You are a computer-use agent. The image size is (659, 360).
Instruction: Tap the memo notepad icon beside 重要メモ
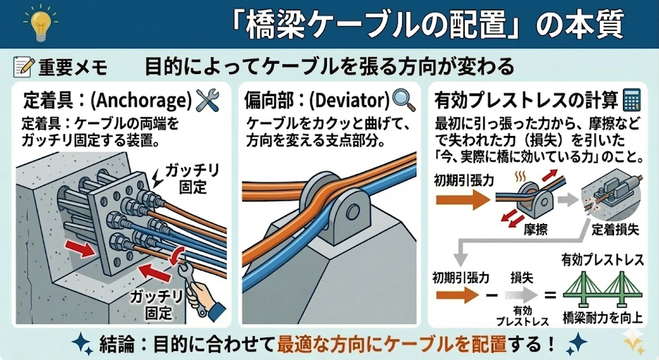(x=23, y=66)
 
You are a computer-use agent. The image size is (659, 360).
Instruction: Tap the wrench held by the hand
(x=191, y=283)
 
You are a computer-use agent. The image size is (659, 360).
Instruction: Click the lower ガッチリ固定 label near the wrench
(x=153, y=305)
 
